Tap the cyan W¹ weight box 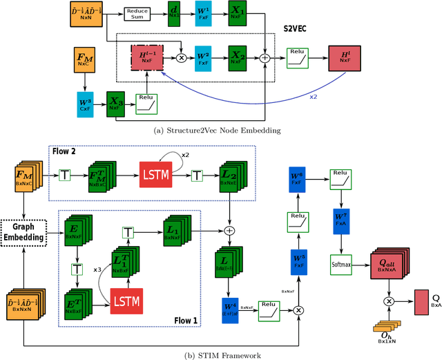(x=202, y=14)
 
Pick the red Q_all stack (x=390, y=263)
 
